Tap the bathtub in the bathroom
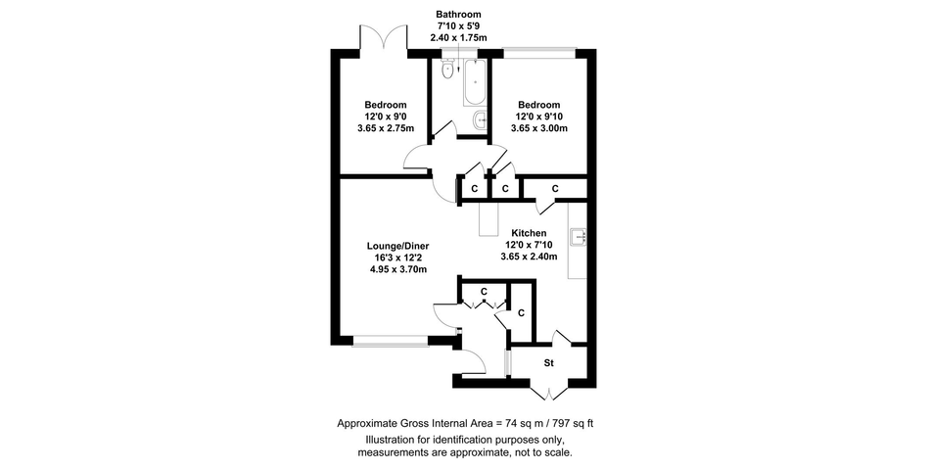tap(475, 82)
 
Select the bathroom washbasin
tap(480, 120)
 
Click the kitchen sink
tap(579, 237)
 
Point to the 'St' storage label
tap(548, 362)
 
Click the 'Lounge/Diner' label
tap(398, 247)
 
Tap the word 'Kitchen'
tap(529, 233)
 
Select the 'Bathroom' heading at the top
tap(458, 15)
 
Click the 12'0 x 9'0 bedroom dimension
tap(386, 117)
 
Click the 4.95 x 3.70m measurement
tap(398, 269)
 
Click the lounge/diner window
tap(391, 341)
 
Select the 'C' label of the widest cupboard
tap(555, 189)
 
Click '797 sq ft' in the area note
tap(574, 423)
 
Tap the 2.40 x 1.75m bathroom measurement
tap(458, 37)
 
